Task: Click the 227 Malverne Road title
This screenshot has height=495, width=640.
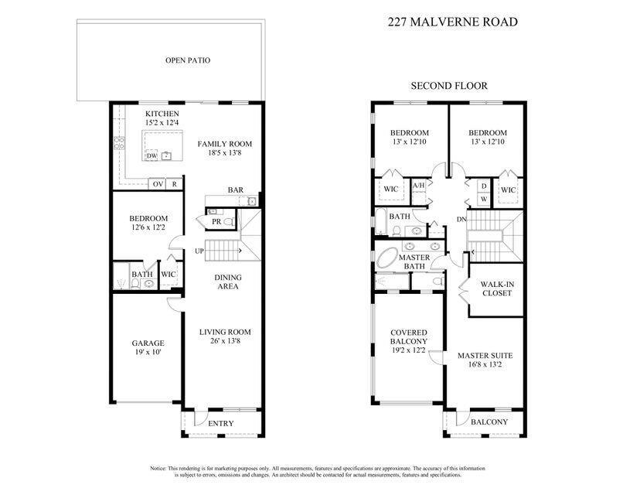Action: [x=453, y=22]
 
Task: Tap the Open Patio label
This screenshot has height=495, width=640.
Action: [x=188, y=60]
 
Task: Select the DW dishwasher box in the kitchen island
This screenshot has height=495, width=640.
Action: [x=151, y=155]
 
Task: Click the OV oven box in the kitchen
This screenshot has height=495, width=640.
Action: [x=158, y=184]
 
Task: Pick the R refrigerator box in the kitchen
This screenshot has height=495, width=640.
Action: [x=174, y=184]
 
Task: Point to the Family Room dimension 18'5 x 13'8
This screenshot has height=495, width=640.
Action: [x=224, y=152]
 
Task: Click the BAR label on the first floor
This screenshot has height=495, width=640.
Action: [x=236, y=190]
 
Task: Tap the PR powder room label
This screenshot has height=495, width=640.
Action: [x=216, y=221]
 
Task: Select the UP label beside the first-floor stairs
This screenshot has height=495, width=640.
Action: [x=199, y=251]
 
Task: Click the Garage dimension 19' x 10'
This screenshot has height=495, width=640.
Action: [x=148, y=352]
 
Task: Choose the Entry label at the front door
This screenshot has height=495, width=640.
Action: [x=221, y=424]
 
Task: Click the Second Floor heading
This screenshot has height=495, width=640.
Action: [x=449, y=86]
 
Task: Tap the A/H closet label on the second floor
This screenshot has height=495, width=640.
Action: [x=418, y=186]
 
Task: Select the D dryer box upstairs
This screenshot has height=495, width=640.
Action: [x=484, y=186]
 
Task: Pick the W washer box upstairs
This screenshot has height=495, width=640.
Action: [x=484, y=199]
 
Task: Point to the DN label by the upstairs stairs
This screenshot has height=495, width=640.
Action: [x=461, y=220]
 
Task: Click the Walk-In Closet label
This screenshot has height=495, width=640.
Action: [x=497, y=288]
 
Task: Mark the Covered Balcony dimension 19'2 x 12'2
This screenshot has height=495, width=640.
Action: [x=409, y=350]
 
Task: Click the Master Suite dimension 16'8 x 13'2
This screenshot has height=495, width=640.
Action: [x=485, y=364]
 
